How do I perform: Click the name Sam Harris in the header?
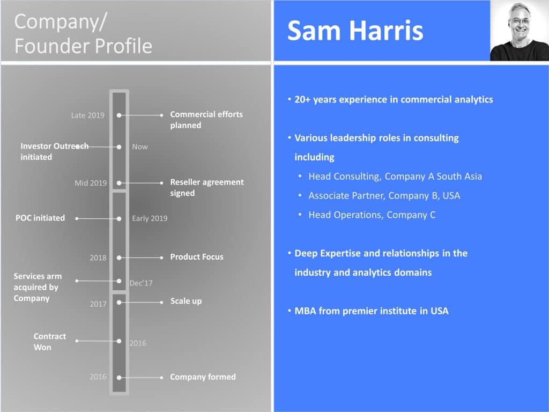tap(355, 31)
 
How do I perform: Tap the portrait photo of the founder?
tap(519, 31)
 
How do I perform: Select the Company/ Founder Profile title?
tap(83, 34)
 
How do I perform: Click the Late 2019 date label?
tap(88, 115)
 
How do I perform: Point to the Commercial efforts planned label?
tap(206, 120)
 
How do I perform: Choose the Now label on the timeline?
tap(140, 146)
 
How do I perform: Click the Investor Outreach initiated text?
tap(54, 151)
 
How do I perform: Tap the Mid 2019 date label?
tap(91, 183)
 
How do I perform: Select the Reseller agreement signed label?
tap(206, 187)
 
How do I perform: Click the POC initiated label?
tap(40, 218)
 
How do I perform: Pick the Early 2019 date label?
tap(150, 218)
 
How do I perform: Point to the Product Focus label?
tap(197, 257)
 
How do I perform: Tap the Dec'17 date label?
tap(141, 283)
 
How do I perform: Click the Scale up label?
tap(186, 301)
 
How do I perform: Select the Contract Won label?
tap(50, 342)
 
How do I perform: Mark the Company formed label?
tap(203, 377)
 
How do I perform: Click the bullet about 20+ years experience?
tap(394, 99)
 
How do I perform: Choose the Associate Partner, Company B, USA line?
tap(384, 195)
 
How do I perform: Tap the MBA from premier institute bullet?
tap(371, 311)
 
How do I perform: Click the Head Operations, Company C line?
tap(372, 215)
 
